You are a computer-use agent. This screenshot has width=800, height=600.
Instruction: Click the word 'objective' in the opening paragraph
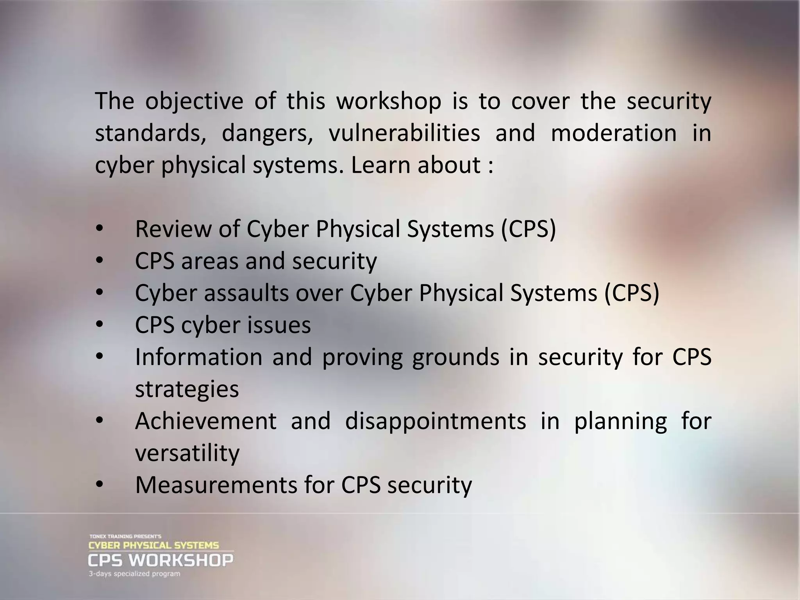(x=194, y=102)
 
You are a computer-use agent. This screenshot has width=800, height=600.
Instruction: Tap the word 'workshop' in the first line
(x=389, y=101)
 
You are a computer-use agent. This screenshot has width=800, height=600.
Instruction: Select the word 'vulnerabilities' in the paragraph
(x=404, y=133)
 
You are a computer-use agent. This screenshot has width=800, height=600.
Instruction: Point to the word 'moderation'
(x=613, y=133)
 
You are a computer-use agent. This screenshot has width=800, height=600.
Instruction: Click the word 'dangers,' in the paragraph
(x=268, y=134)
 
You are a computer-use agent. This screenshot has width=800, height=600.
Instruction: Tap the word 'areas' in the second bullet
(x=209, y=261)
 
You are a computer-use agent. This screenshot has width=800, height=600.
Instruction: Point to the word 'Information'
(x=199, y=357)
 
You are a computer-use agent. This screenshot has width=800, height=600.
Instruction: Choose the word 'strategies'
(x=187, y=389)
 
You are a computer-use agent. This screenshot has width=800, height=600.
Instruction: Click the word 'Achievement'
(x=206, y=421)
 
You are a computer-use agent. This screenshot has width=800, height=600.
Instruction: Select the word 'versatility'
(x=187, y=453)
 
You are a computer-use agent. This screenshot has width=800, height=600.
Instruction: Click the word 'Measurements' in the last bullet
(x=215, y=485)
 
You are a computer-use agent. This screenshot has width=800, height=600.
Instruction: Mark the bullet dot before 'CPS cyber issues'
(x=99, y=325)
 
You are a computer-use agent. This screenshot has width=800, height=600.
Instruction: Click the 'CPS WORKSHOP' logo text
(x=161, y=561)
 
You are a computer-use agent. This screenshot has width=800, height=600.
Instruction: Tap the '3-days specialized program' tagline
(x=134, y=574)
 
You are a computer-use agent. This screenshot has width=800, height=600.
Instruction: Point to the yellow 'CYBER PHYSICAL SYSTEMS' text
(x=154, y=545)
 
